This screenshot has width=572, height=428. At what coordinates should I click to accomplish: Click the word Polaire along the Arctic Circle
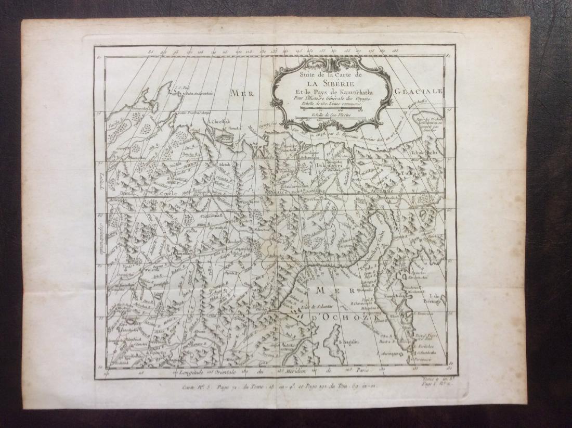[x=277, y=192]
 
